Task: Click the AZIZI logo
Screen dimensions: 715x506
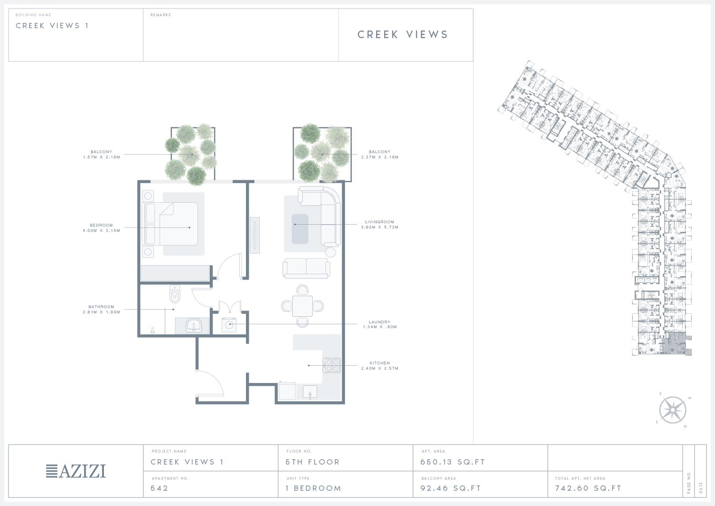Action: (76, 471)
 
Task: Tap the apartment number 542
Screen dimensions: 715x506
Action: (159, 488)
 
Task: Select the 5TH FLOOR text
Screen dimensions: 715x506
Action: (313, 462)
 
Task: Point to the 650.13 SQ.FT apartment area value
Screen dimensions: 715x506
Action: (453, 462)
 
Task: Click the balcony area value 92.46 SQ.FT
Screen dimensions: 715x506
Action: (450, 488)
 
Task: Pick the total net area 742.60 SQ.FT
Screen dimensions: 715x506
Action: (588, 488)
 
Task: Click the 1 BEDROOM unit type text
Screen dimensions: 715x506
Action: (314, 488)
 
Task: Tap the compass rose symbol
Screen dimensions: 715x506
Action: (673, 410)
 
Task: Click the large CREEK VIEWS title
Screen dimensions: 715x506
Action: (403, 34)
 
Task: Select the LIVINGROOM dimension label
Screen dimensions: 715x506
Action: (379, 224)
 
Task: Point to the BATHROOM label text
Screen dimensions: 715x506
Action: (101, 307)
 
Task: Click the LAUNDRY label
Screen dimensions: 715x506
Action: (379, 322)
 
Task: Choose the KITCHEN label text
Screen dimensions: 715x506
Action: (379, 363)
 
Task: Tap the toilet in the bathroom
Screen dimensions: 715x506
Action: (175, 294)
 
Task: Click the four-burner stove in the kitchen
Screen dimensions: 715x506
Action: (332, 365)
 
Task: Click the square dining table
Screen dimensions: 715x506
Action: (302, 306)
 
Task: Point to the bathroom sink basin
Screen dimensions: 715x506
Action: (194, 326)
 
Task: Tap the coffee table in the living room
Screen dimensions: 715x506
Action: (300, 229)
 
